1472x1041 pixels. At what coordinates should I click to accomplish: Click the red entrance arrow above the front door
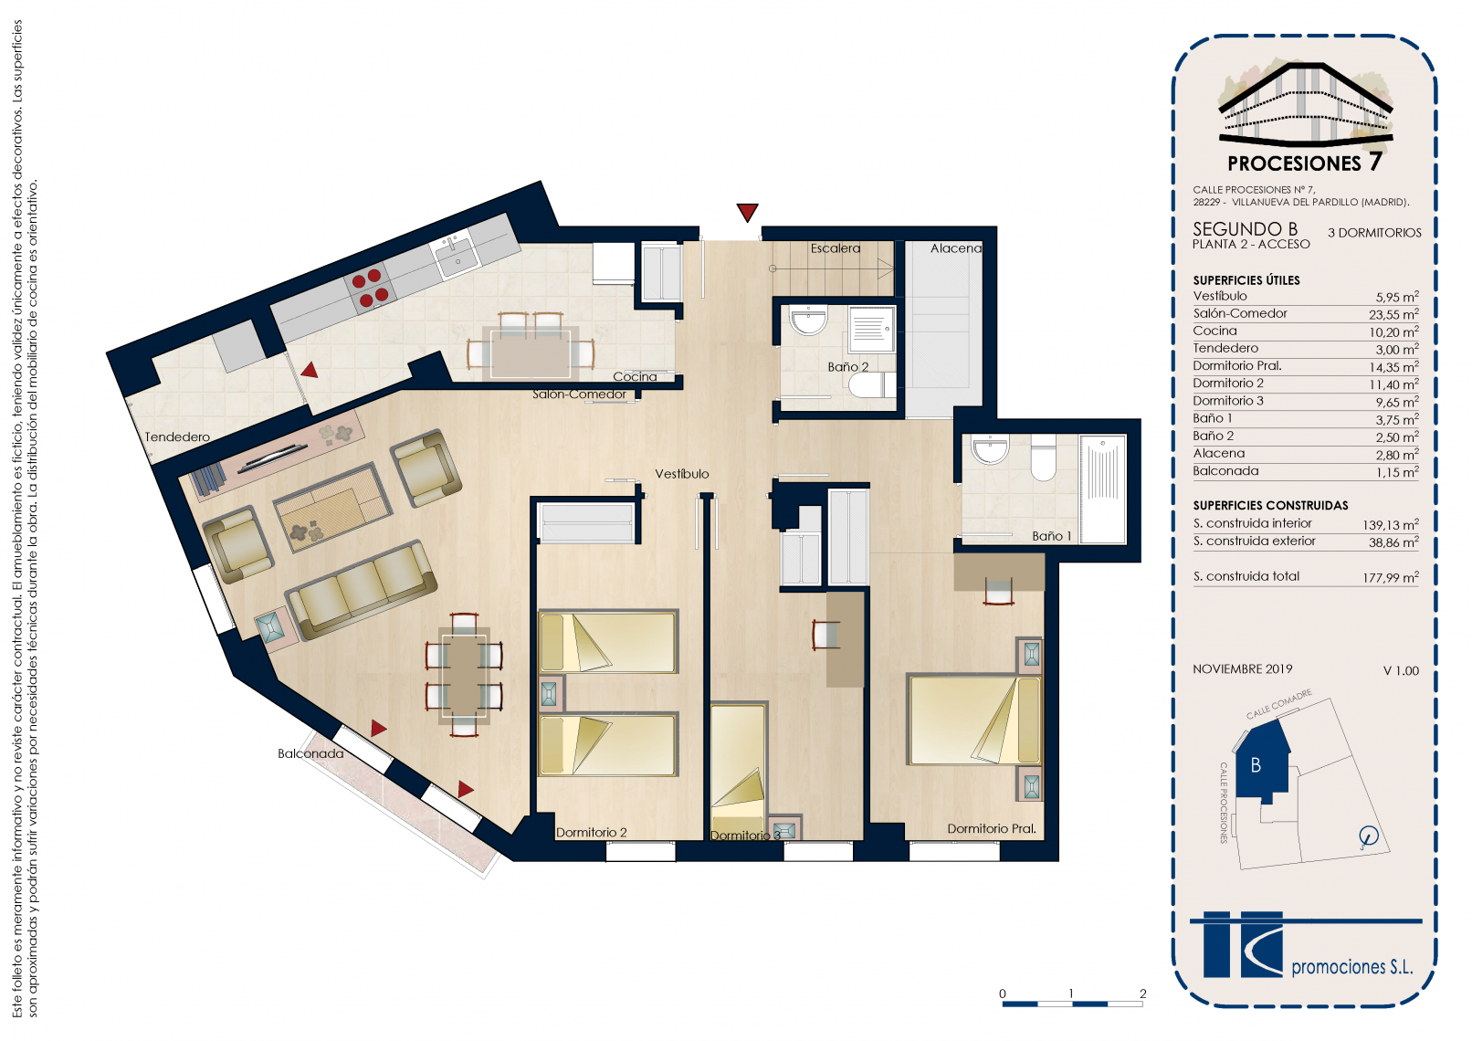point(747,212)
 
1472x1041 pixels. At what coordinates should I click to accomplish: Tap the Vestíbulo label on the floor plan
point(681,474)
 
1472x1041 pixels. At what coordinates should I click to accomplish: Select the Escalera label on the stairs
point(836,248)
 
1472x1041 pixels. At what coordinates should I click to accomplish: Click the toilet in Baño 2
point(872,385)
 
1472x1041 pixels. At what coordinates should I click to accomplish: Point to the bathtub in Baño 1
point(1103,489)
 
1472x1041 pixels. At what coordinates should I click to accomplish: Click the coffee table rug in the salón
point(332,507)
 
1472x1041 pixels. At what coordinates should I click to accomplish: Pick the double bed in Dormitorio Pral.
point(974,720)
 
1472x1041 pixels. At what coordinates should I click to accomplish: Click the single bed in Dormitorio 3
point(739,769)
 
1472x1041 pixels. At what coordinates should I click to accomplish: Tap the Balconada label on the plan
point(310,753)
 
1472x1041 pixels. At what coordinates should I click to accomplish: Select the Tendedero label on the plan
point(177,437)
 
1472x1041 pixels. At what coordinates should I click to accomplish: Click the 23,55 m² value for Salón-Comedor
point(1393,314)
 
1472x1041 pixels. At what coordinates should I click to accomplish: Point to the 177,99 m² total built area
point(1391,578)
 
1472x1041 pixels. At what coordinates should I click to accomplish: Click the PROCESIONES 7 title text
point(1304,163)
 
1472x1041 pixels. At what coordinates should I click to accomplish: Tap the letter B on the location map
point(1256,765)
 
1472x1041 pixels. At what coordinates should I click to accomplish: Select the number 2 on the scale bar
point(1142,994)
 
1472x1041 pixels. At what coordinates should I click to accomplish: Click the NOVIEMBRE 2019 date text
point(1243,669)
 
